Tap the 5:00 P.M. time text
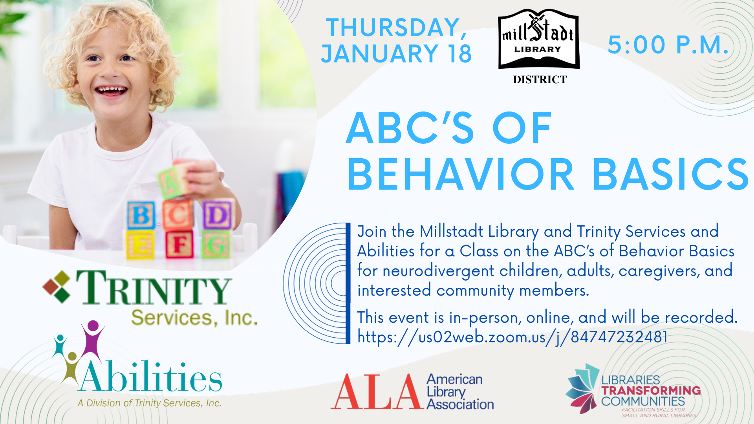[668, 45]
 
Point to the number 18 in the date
[460, 53]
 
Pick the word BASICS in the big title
[671, 174]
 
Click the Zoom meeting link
[512, 337]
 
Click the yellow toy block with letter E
[140, 244]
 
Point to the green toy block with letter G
[216, 244]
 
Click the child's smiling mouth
[112, 91]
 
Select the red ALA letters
[377, 391]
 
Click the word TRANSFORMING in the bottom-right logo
[651, 391]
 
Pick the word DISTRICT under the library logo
[540, 80]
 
